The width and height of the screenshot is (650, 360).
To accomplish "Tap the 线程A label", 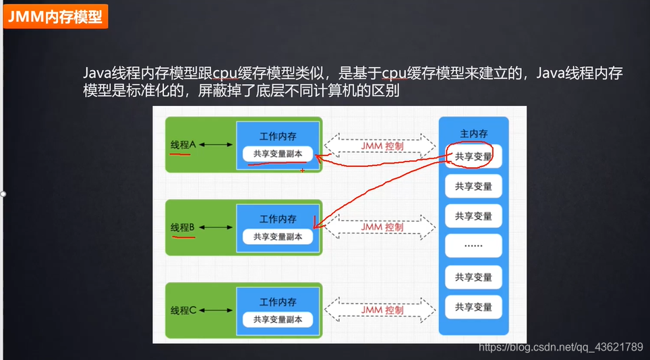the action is pos(183,144).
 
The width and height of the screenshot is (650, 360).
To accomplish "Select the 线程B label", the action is pos(183,228).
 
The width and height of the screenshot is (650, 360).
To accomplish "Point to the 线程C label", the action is pos(183,310).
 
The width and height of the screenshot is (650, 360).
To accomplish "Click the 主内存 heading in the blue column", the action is pos(473,133).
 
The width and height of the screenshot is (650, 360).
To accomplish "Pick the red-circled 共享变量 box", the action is pos(473,156).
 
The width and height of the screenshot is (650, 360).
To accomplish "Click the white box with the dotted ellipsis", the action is pos(473,245).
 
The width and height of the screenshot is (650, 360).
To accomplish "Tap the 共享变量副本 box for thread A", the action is pos(278,154).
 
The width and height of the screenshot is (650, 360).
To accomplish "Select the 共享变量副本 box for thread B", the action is pos(278,237).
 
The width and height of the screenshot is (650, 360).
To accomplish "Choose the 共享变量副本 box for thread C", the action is pos(278,319).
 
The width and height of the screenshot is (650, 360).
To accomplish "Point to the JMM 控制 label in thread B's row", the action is pos(382,227).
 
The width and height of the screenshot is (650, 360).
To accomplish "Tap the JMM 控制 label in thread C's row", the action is pos(382,310).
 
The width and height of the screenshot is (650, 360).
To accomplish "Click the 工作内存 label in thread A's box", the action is pos(278,136).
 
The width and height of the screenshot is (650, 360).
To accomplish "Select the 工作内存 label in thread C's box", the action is pos(278,301).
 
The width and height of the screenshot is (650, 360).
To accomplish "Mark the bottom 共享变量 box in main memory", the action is pos(473,307).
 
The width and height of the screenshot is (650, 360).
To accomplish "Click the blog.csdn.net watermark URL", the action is pos(560,347).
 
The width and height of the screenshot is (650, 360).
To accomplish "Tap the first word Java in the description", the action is pos(96,73).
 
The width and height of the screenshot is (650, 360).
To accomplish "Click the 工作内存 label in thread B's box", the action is pos(278,219).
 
